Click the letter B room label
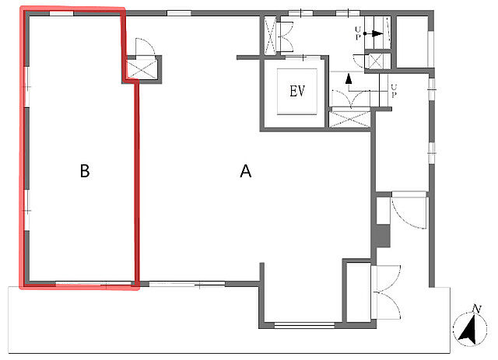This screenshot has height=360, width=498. point(85,171)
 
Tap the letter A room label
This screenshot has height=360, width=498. point(246,171)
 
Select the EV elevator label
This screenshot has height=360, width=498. point(297,91)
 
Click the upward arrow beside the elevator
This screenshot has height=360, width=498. point(349,79)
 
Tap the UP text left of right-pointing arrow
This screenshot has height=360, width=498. point(358,33)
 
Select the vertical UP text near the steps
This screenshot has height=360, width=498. point(394,91)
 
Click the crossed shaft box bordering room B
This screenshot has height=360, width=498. point(142,69)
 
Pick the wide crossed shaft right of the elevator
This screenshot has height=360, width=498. point(350,120)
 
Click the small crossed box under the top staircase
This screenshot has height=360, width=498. point(375,61)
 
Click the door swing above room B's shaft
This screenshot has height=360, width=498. point(145,47)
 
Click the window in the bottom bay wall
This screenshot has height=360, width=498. point(304,325)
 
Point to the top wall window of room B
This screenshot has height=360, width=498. point(61,13)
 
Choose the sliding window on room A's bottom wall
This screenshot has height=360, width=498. point(187,284)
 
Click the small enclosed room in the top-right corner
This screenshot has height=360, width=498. point(412,41)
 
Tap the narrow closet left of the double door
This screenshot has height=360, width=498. point(359,292)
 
